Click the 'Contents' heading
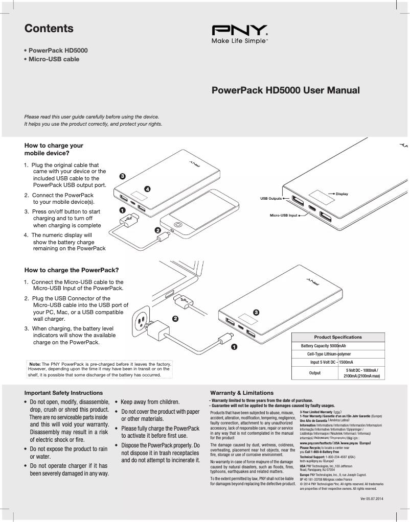tap(49, 29)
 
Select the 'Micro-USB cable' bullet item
tap(54, 59)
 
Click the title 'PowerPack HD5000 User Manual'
tap(285, 91)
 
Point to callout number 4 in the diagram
tap(148, 189)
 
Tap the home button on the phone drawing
tap(177, 224)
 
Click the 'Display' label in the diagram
tap(341, 194)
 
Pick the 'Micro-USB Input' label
tap(283, 216)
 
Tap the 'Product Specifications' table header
tap(337, 337)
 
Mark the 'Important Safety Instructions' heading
tap(63, 393)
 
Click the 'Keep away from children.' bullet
tap(150, 402)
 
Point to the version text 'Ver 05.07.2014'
tap(372, 498)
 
